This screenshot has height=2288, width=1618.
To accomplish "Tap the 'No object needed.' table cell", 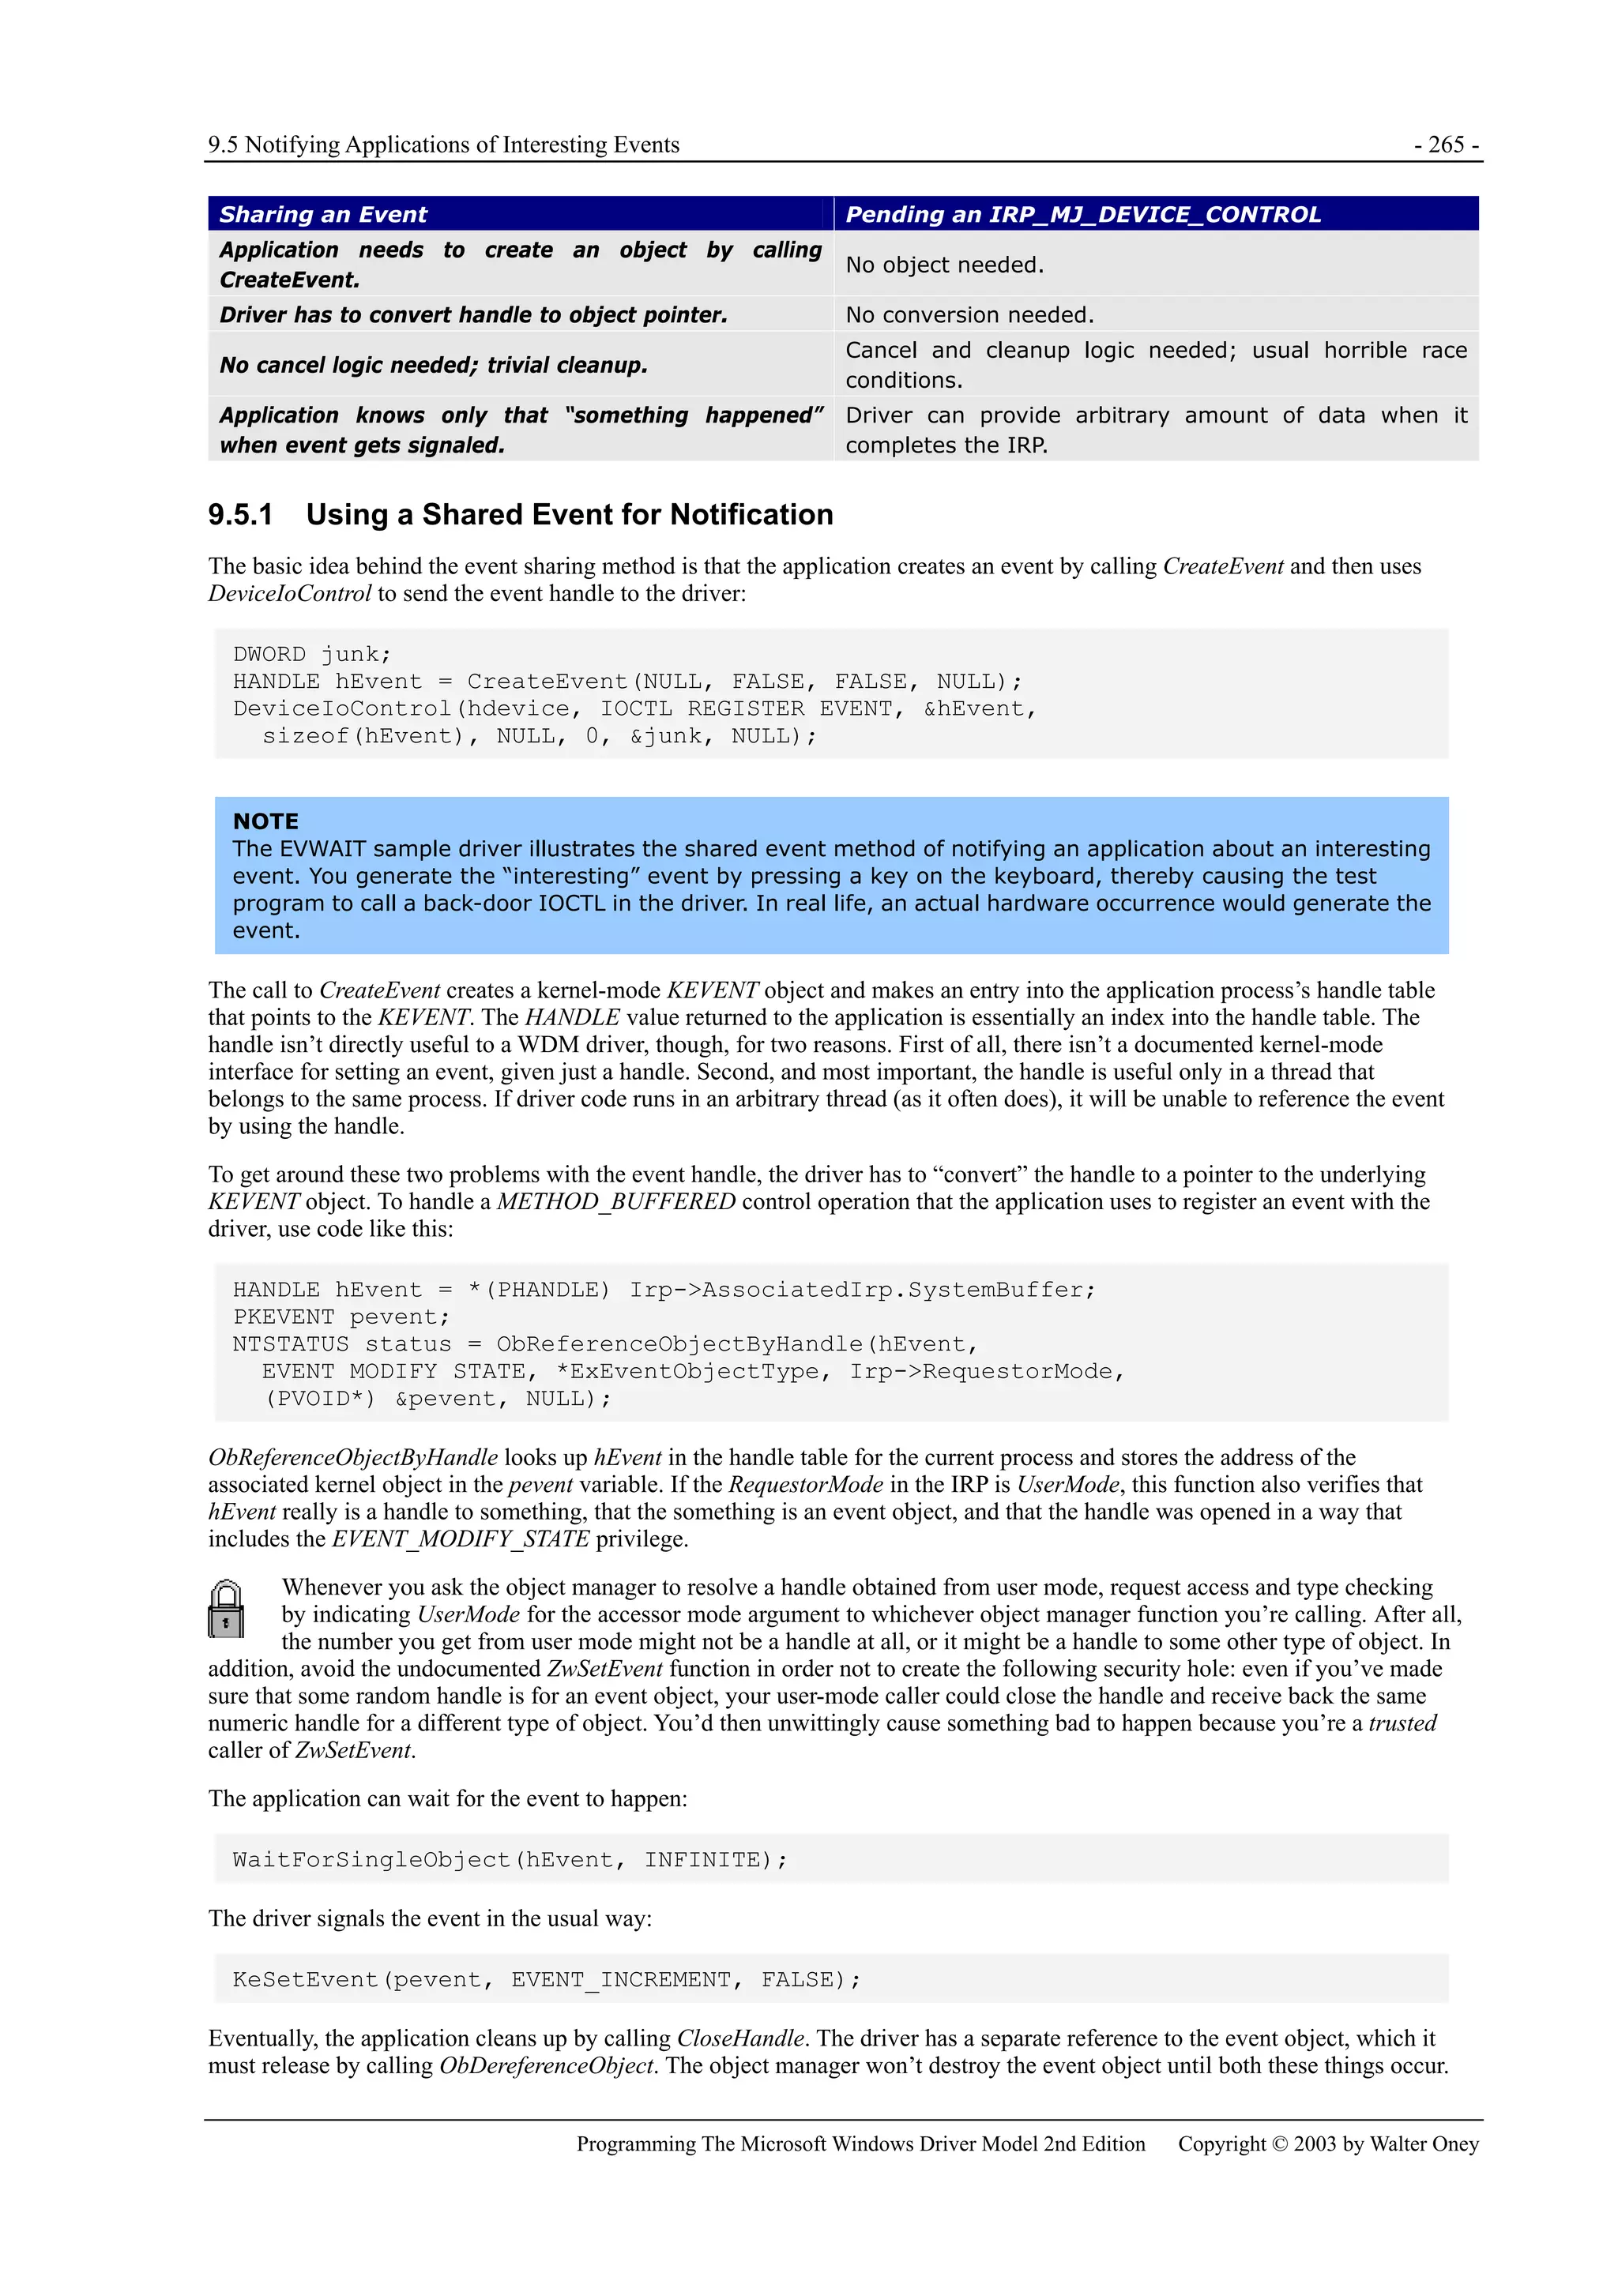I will pos(944,265).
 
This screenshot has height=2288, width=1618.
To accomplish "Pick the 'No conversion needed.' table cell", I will pos(969,315).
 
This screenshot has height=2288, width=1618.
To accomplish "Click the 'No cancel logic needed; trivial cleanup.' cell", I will pos(434,365).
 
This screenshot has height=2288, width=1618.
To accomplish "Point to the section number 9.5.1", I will pos(240,514).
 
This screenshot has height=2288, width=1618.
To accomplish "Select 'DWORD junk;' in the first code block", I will pos(312,654).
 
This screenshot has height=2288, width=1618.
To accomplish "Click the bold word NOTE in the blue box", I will pos(265,821).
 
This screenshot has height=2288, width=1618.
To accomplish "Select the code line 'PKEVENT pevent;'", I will pos(341,1317).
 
